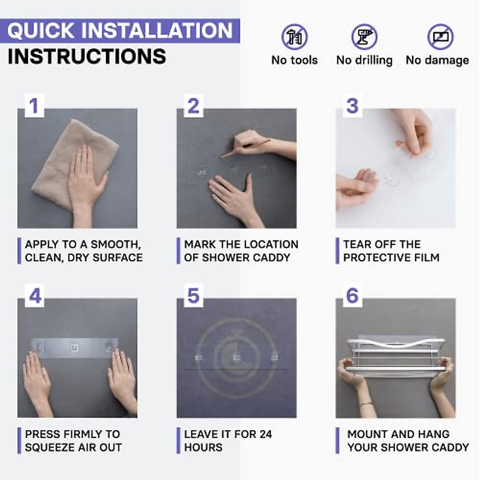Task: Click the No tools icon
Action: [294, 37]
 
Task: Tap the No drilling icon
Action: [364, 37]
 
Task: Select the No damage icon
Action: [440, 37]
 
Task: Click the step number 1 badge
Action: [35, 106]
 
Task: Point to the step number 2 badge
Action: [194, 106]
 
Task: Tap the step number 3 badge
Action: [352, 106]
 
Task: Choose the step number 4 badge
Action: [35, 296]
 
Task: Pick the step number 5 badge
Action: [194, 296]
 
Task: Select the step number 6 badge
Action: [352, 296]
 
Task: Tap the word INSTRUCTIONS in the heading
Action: [87, 56]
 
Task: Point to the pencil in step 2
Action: [245, 148]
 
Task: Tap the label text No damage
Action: [438, 60]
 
